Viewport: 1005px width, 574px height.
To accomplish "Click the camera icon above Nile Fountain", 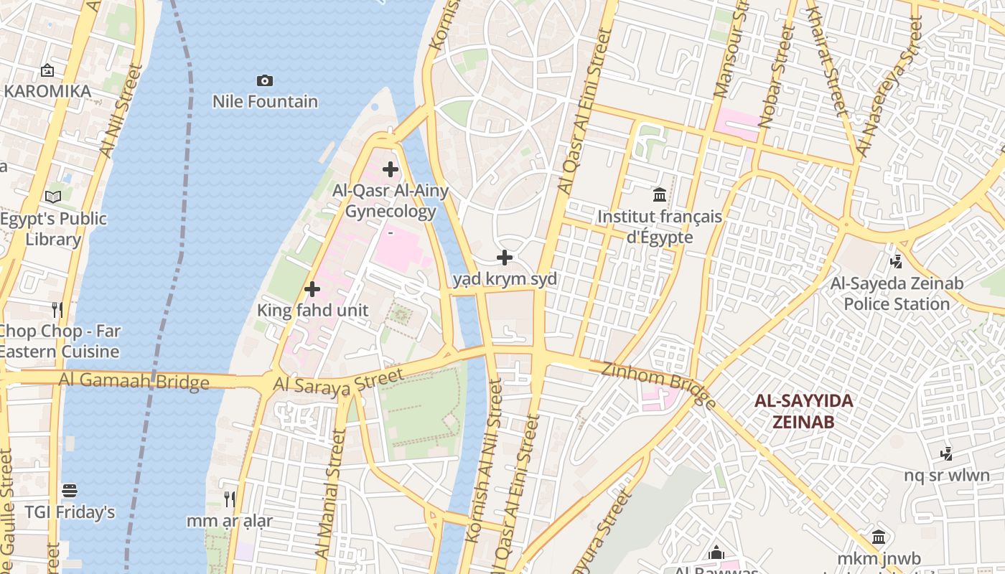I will tap(265, 80).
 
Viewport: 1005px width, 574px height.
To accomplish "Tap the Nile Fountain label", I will tap(265, 102).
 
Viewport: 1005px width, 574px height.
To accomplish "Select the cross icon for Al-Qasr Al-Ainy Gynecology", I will tap(391, 169).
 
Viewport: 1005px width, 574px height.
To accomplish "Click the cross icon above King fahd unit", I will tap(312, 289).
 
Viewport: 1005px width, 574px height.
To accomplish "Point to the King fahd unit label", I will tap(313, 311).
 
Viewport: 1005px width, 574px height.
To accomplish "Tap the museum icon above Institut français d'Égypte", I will tap(660, 194).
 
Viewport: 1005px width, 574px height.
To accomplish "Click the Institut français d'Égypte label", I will tap(660, 227).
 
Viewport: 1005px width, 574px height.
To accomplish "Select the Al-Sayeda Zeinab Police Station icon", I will tap(896, 262).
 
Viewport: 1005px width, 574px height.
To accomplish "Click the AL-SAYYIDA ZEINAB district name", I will tap(804, 411).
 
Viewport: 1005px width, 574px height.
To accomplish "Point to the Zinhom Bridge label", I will tap(659, 385).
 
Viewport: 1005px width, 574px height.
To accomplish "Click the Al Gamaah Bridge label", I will tap(134, 380).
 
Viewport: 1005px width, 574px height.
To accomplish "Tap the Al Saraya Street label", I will tap(338, 383).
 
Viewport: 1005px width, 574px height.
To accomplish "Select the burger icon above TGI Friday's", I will tap(70, 491).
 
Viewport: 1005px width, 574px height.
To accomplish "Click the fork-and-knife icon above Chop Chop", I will tap(58, 310).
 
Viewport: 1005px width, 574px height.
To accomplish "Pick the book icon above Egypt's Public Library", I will tap(53, 197).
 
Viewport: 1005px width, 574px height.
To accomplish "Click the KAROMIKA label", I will tap(47, 92).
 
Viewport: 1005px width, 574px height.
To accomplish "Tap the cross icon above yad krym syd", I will tap(505, 258).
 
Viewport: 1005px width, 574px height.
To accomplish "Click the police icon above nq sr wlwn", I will tap(947, 453).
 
